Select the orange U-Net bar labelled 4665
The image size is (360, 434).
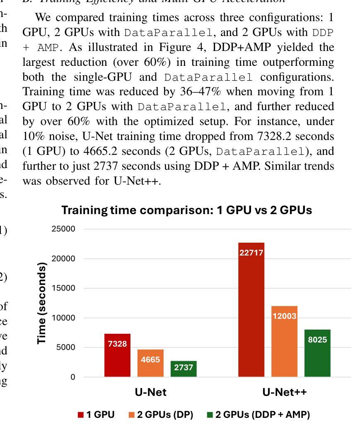click(150, 363)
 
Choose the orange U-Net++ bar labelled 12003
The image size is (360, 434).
click(284, 341)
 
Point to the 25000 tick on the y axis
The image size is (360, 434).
click(63, 229)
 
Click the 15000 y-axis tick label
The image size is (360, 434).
click(63, 288)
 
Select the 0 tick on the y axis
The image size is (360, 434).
click(73, 377)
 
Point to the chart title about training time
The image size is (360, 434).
click(187, 210)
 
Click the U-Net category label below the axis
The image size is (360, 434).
click(150, 392)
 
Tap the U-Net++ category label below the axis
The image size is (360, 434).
click(285, 392)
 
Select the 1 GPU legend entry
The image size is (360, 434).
click(96, 415)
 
